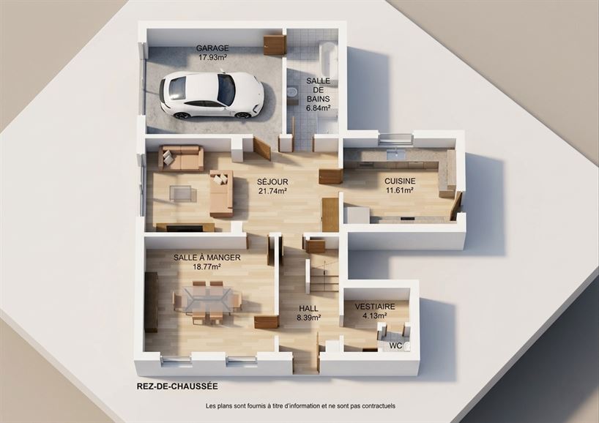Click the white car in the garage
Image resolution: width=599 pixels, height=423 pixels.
pyautogui.click(x=212, y=94)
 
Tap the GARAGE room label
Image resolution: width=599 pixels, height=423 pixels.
pyautogui.click(x=212, y=48)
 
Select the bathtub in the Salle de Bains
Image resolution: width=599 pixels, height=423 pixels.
pyautogui.click(x=328, y=60)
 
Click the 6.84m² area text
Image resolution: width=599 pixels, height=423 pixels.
pyautogui.click(x=318, y=108)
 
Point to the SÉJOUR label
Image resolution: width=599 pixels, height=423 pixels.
pyautogui.click(x=272, y=182)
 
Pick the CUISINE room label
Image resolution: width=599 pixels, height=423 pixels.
pyautogui.click(x=400, y=181)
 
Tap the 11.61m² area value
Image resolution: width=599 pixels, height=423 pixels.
pyautogui.click(x=400, y=190)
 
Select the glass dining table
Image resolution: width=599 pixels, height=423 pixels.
pyautogui.click(x=208, y=301)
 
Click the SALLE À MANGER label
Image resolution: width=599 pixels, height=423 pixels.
pyautogui.click(x=207, y=258)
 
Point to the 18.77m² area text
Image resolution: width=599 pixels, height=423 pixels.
pyautogui.click(x=207, y=267)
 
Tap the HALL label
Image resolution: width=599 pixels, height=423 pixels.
pyautogui.click(x=308, y=309)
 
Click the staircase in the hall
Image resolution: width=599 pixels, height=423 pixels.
pyautogui.click(x=323, y=271)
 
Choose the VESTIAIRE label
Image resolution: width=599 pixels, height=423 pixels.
pyautogui.click(x=375, y=307)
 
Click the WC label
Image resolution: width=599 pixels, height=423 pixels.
pyautogui.click(x=395, y=346)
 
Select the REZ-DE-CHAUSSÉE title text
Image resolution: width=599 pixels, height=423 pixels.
pyautogui.click(x=177, y=386)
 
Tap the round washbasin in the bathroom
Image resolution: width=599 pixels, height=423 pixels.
pyautogui.click(x=293, y=91)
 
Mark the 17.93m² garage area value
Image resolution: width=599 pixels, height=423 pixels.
pyautogui.click(x=212, y=58)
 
